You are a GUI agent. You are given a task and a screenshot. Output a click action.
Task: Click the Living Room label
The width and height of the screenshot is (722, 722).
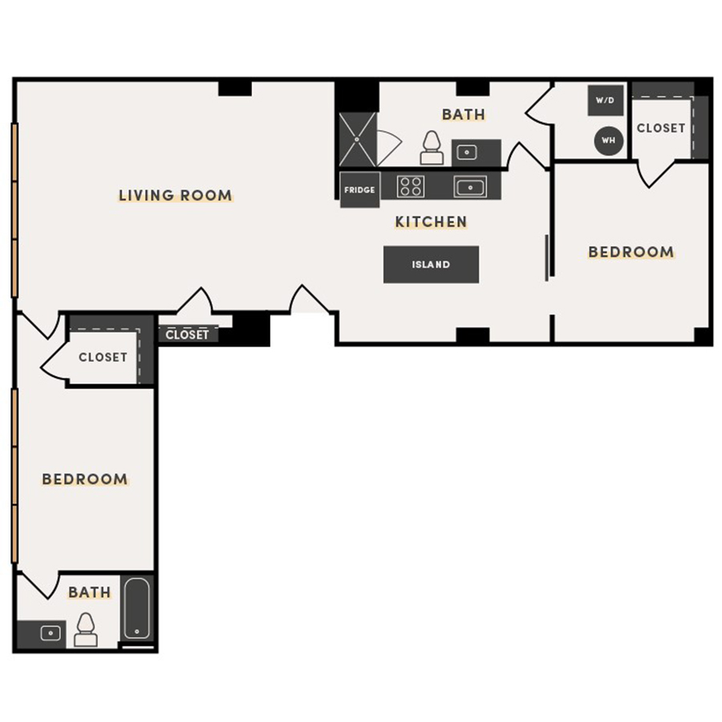click(175, 195)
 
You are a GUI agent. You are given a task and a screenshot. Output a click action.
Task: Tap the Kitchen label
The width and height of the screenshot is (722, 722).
click(430, 221)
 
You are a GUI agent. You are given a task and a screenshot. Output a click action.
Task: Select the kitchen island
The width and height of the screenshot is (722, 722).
click(431, 265)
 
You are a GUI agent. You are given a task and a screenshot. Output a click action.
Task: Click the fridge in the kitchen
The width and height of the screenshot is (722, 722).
click(359, 190)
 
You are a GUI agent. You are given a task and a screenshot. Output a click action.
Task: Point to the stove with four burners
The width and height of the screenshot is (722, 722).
click(410, 187)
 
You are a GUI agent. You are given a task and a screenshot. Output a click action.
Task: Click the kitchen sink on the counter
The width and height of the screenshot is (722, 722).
click(468, 187)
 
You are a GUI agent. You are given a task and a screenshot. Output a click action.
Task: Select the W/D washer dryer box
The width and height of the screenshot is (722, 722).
click(605, 101)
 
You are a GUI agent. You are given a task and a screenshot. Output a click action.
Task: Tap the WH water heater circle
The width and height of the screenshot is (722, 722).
click(608, 140)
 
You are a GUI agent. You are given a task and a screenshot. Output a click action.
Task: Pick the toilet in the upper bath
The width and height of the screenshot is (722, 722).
click(431, 148)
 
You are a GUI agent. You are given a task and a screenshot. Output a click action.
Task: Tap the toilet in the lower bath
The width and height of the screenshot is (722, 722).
click(85, 630)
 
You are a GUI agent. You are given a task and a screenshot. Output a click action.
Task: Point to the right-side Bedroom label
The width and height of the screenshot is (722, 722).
click(631, 252)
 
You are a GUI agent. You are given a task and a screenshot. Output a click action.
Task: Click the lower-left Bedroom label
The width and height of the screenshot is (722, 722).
click(85, 480)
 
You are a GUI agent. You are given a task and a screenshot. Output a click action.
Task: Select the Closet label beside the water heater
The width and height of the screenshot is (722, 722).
click(661, 128)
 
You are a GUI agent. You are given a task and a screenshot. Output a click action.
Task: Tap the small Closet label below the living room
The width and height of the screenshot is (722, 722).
click(188, 335)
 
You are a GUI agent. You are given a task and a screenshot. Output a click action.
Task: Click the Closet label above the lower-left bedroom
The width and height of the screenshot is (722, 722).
click(103, 357)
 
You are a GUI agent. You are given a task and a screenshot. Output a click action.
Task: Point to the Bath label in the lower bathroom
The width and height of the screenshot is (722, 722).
click(89, 593)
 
